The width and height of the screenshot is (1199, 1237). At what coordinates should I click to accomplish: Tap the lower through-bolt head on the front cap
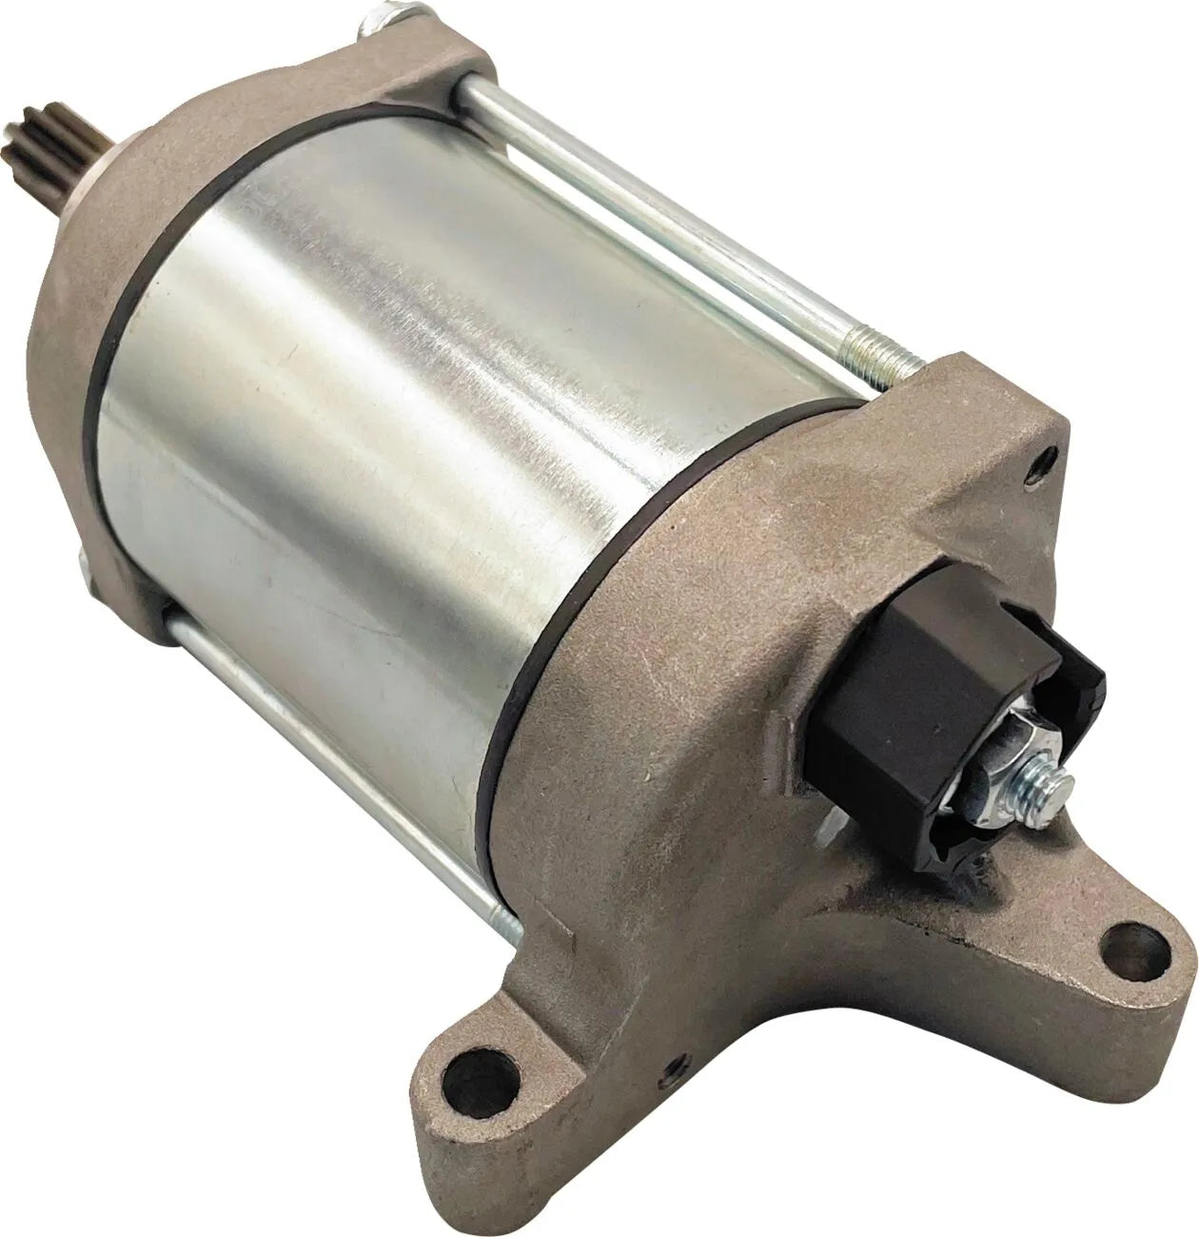88,567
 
